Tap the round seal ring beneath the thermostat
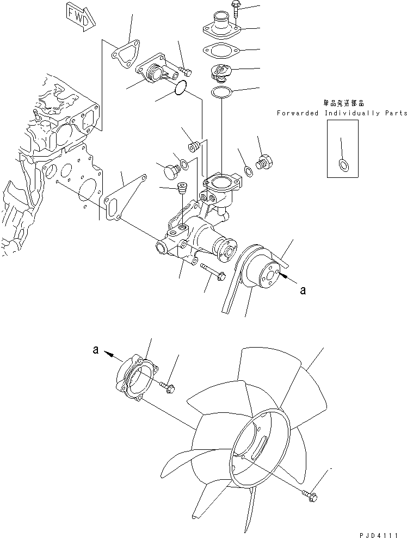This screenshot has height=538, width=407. pyautogui.click(x=221, y=92)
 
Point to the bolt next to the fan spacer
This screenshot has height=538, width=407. pyautogui.click(x=168, y=387)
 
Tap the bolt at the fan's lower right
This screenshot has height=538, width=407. pyautogui.click(x=310, y=494)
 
